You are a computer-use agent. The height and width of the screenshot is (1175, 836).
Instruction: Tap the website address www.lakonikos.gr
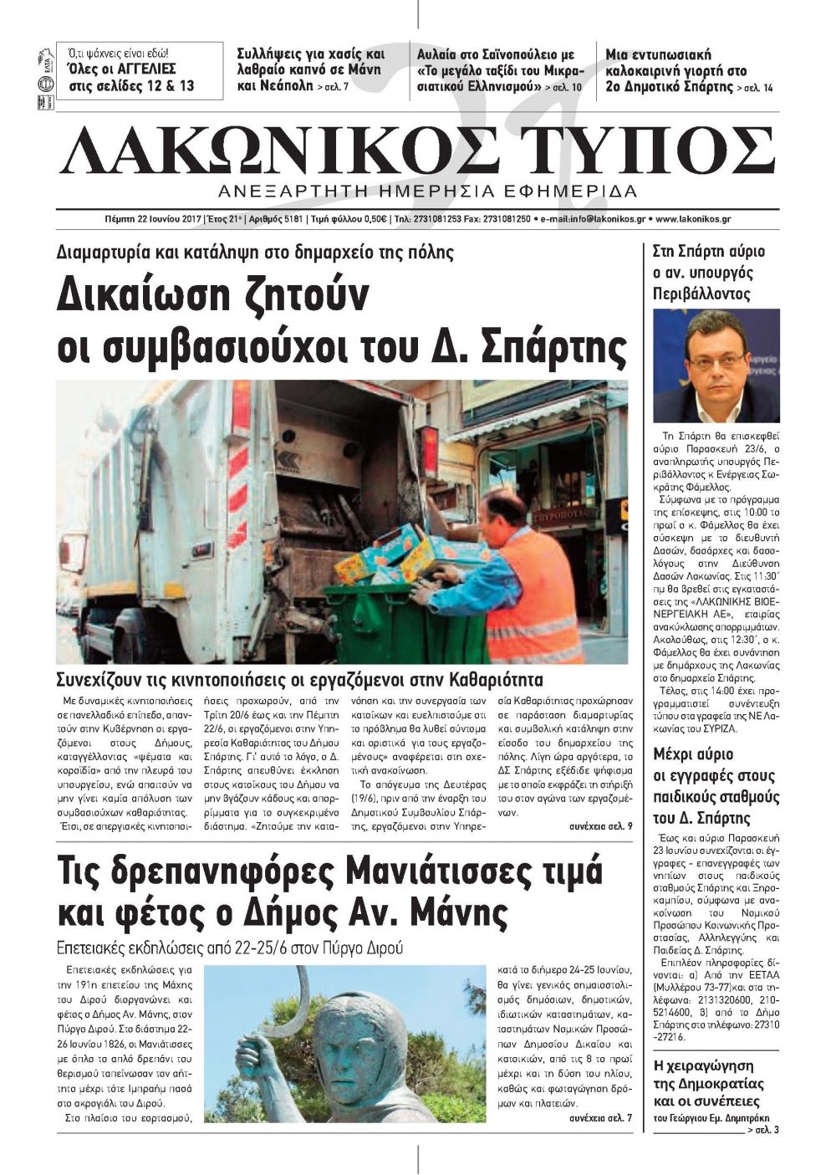tap(693, 219)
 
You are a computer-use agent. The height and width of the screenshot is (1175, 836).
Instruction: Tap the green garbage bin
tap(393, 619)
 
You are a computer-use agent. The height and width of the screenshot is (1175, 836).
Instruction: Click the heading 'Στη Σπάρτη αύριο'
tap(708, 251)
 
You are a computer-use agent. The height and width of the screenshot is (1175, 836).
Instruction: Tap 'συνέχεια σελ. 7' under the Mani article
tap(600, 1117)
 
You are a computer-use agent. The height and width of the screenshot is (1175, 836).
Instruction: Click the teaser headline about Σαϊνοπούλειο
tap(499, 69)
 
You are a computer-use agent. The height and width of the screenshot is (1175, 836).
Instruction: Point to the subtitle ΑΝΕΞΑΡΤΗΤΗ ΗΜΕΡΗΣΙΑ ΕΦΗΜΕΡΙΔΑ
tap(426, 191)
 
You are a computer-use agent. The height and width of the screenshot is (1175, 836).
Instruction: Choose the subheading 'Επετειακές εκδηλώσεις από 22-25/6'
tap(229, 948)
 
